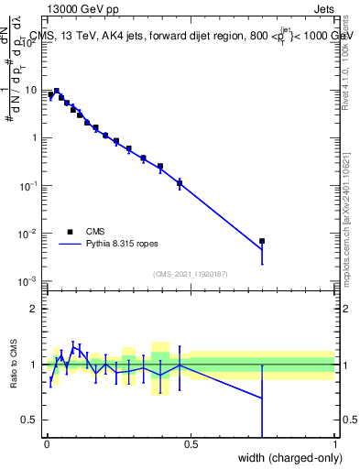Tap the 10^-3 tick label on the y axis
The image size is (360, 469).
(x=30, y=281)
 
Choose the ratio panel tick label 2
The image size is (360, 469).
(x=35, y=309)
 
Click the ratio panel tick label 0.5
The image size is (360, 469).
(x=30, y=420)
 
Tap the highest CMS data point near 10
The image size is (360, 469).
(x=57, y=92)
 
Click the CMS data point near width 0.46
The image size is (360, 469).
(x=180, y=184)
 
